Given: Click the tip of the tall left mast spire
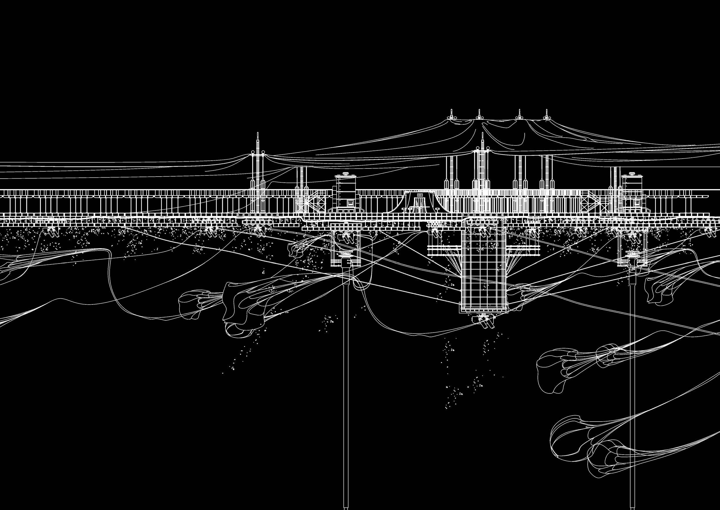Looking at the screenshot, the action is pyautogui.click(x=258, y=133).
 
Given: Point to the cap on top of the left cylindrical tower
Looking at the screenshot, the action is pyautogui.click(x=346, y=173).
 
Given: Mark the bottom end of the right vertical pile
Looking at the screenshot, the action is pyautogui.click(x=632, y=506).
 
